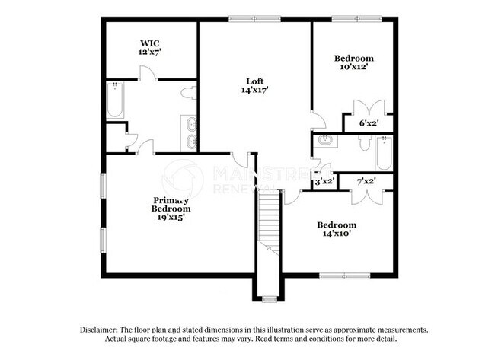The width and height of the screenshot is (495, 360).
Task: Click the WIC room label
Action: pos(149,43)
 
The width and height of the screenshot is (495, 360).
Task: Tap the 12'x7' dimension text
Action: pos(149,53)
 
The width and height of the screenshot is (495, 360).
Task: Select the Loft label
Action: pos(256,81)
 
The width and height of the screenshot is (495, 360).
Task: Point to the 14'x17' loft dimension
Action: pos(256,90)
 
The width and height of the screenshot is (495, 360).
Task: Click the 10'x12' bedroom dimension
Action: pos(355,68)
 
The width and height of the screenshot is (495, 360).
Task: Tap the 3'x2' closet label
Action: pos(324,181)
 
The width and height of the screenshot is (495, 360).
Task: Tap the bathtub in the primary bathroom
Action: pos(115,100)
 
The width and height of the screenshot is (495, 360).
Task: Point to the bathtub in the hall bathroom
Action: pos(382,155)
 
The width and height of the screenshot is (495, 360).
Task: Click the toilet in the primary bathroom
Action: pos(188,93)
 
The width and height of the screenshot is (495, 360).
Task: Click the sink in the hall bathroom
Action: pos(324,140)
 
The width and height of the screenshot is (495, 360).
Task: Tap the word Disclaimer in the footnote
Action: pos(104,330)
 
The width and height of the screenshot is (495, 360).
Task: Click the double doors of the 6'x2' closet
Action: pos(359,107)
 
